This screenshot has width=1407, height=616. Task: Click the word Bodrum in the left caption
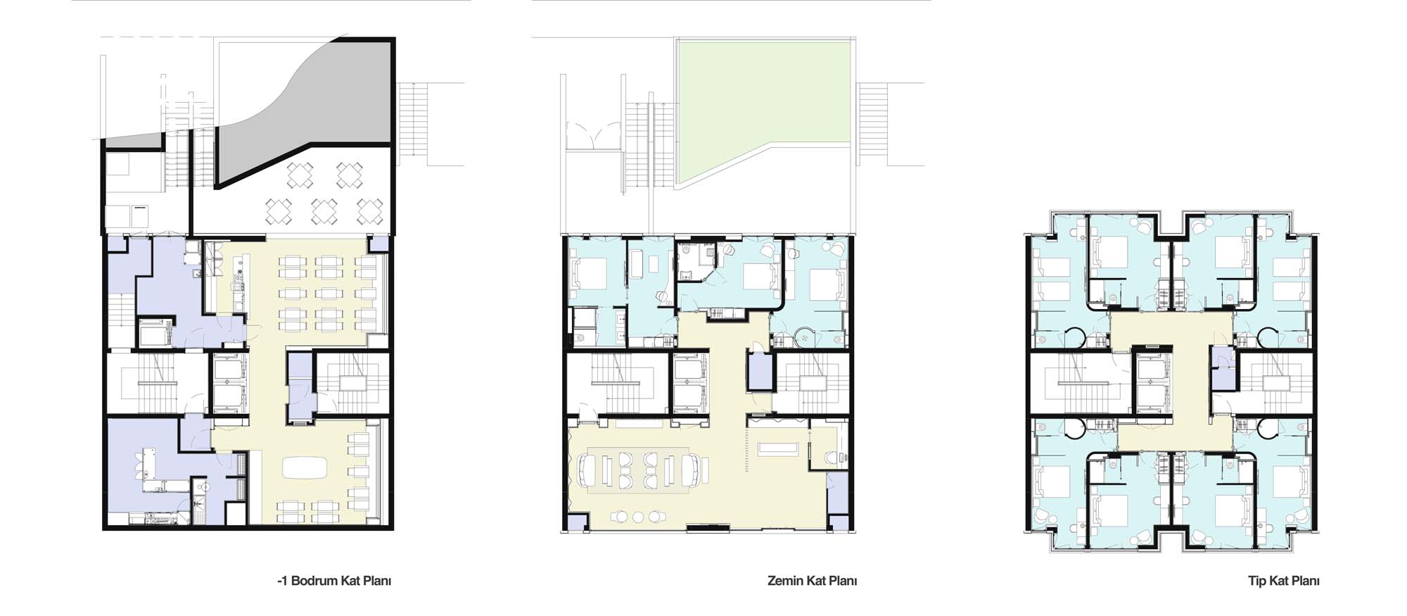314,581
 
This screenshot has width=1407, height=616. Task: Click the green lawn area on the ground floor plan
763,106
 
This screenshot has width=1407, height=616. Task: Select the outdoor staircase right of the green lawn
872,124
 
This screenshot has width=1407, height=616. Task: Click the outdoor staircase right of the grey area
413,124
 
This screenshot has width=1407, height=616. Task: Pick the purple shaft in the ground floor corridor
760,372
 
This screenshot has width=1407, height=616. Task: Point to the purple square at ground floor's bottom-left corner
577,523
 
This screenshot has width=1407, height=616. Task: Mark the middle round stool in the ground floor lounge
637,517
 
